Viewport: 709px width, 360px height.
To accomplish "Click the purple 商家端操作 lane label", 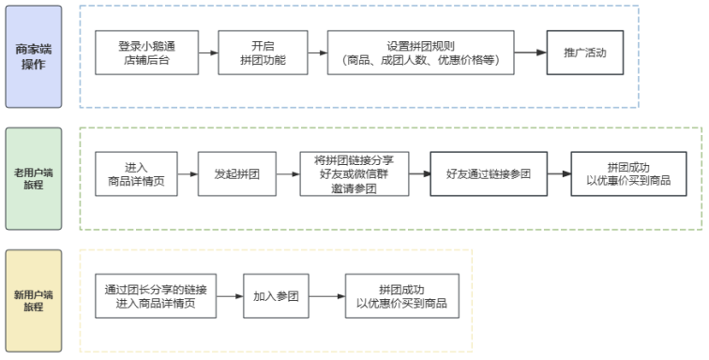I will coord(33,56).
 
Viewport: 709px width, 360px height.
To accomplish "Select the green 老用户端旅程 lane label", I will coord(33,178).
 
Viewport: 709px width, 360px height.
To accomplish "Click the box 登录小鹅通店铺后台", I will coord(148,52).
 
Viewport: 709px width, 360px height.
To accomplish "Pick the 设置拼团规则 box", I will coord(421,52).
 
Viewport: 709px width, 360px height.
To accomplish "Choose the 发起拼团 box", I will coord(236,174).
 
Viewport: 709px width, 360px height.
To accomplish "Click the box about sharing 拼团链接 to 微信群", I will coord(354,174).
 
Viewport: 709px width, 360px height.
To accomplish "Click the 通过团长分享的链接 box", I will coord(156,296).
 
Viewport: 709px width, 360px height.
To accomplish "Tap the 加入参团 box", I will coord(276,296).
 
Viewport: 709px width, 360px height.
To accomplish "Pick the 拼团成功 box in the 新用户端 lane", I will coord(401,296).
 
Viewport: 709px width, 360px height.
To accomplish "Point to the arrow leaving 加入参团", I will coord(326,296).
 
